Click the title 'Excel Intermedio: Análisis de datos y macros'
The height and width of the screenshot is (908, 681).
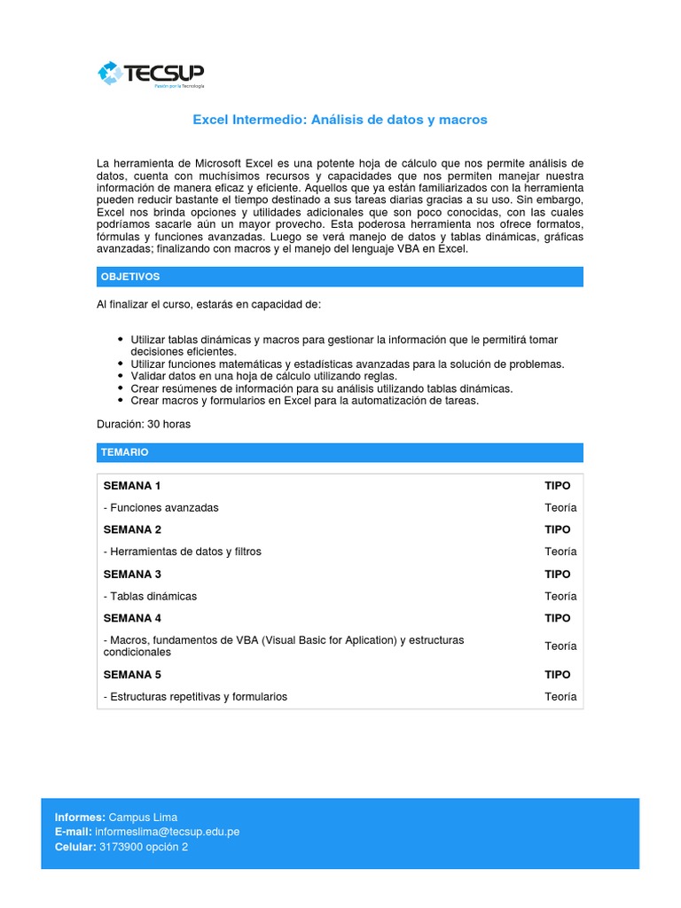click(340, 120)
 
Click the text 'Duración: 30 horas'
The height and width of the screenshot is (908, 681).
click(144, 424)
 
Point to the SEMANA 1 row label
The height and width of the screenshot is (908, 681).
click(132, 486)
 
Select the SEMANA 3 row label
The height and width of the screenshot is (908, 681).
click(132, 574)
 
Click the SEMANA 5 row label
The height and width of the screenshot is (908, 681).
click(132, 675)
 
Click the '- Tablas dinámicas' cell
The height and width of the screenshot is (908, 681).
click(151, 596)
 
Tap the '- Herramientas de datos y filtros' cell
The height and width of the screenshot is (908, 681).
click(183, 552)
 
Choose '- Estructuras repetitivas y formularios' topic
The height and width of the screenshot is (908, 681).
click(196, 697)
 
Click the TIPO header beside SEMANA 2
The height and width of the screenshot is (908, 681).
click(558, 529)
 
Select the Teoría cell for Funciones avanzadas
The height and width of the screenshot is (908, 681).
click(560, 508)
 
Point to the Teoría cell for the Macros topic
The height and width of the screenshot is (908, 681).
click(560, 646)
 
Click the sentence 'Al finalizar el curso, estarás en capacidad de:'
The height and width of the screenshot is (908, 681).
click(209, 305)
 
